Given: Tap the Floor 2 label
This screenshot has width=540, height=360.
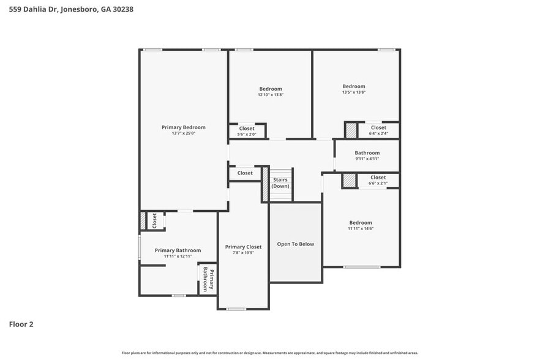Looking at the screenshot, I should pos(21,324).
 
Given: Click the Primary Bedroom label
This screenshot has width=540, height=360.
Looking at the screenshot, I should pos(183,127).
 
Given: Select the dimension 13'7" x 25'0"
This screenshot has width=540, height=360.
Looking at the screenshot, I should pos(183,133).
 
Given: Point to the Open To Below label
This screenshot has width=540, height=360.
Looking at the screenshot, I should pos(295,244).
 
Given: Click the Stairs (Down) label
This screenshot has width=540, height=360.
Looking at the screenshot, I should pos(280,182).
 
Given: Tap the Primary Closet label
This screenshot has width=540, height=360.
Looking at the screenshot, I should pos(242,247).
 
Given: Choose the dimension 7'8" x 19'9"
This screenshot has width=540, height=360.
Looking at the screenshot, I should pos(242,253).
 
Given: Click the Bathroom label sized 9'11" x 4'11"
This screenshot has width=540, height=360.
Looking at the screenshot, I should pos(367,153).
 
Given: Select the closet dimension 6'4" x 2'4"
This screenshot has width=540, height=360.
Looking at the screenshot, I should pos(378,133).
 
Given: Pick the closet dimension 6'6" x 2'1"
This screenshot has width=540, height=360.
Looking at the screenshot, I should pos(378,183).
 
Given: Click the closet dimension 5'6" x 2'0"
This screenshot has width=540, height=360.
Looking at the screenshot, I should pos(246,134).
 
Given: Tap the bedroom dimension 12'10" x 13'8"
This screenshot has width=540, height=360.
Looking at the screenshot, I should pos(270,95).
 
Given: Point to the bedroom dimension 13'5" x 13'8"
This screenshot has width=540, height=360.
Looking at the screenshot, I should pos(354,92).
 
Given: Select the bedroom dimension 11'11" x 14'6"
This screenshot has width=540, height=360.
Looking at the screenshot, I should pos(361,229).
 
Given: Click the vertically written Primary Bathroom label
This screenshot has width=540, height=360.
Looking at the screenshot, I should pos(208,279).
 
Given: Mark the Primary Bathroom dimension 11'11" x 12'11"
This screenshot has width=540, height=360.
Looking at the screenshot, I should pos(178,257).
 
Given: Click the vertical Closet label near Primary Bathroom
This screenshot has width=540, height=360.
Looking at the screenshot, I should pos(154,220).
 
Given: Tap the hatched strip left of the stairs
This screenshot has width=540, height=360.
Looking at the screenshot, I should pos(265,184).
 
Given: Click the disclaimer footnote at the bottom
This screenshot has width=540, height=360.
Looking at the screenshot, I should pos(270,353).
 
